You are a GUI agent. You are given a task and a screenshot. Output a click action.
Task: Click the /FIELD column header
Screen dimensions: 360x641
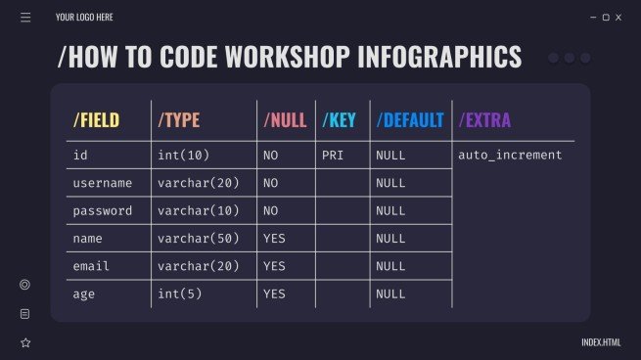[x=96, y=120]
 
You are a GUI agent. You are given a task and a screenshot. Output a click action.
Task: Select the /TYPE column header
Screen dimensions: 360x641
[x=178, y=120]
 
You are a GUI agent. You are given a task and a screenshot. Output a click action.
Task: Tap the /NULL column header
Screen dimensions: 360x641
[x=285, y=120]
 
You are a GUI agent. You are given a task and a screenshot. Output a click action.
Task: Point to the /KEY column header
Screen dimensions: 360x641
[x=339, y=120]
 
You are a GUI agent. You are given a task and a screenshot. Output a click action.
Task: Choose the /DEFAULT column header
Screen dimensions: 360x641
[x=410, y=120]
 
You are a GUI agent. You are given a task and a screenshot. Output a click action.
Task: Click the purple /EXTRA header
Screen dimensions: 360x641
[x=484, y=120]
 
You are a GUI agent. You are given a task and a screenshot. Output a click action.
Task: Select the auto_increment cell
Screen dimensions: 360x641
[x=510, y=156]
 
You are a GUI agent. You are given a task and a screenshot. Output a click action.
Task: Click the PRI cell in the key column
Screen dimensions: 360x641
[x=333, y=156]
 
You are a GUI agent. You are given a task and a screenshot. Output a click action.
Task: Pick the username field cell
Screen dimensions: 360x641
[x=103, y=183]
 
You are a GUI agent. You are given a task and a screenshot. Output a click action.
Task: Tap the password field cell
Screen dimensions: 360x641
[x=103, y=210]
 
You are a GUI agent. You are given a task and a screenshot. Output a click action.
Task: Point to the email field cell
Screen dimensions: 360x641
[x=93, y=266]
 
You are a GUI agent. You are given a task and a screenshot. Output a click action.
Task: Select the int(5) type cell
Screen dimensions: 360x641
[x=179, y=293]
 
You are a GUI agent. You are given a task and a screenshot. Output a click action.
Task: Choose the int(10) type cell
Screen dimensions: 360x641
[x=183, y=156]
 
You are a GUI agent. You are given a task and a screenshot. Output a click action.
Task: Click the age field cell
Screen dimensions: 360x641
[x=85, y=293]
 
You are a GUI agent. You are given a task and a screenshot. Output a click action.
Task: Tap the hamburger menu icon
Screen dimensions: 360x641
[x=25, y=17]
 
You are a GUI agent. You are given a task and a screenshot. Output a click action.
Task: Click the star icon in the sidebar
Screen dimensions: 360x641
[x=25, y=342]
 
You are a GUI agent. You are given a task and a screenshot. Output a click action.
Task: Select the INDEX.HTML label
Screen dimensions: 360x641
[x=601, y=342]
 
